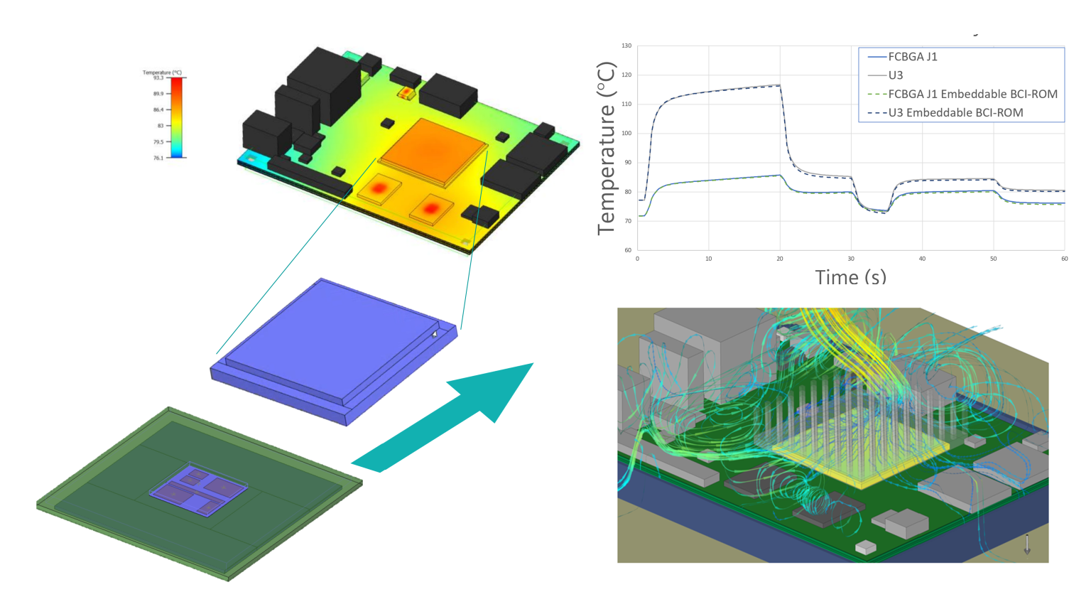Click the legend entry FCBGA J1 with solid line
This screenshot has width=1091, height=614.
point(912,57)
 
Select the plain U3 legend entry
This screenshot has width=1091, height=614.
point(895,75)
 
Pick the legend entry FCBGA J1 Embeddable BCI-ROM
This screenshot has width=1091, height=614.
point(972,94)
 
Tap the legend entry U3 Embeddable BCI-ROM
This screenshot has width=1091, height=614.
point(955,112)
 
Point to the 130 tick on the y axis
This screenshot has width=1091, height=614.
point(626,45)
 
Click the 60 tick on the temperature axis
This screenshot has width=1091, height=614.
point(627,250)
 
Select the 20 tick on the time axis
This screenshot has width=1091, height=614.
point(780,259)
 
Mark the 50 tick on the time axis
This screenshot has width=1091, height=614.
point(993,259)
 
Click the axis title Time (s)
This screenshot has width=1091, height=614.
point(850,277)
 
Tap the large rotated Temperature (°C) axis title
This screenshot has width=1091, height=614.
point(606,148)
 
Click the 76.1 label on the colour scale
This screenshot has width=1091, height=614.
point(158,158)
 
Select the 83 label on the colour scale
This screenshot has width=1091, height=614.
point(160,126)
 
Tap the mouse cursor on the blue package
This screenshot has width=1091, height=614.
point(434,334)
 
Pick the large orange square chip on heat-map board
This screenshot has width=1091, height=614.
point(433,151)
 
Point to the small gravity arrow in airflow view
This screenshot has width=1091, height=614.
point(1026,544)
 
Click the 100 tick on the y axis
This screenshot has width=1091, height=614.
point(626,134)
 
